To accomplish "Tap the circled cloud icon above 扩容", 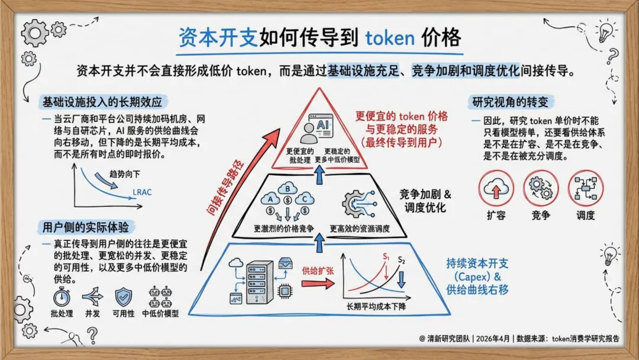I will click(495, 188).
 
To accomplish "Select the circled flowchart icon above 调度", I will click(586, 188).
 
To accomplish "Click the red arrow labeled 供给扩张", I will click(318, 282).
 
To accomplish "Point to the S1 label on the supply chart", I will click(386, 257).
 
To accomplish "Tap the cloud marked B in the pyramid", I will click(288, 189).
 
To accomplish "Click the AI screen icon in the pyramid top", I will click(322, 127).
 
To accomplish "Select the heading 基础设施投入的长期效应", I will click(102, 101).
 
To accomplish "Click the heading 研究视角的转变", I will click(510, 101).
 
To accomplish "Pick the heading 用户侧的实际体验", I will click(89, 227).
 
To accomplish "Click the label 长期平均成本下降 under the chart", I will click(379, 308).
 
